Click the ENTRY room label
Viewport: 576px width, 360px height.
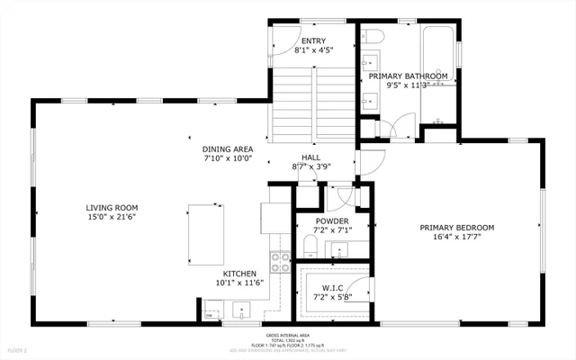click(313, 40)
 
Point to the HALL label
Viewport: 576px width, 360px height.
click(310, 157)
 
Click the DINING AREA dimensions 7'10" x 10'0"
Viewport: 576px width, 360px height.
click(227, 158)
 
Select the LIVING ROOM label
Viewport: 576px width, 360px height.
click(105, 207)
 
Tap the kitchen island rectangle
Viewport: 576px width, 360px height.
click(206, 232)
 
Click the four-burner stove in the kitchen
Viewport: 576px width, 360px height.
click(280, 261)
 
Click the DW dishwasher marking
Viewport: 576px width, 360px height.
click(209, 315)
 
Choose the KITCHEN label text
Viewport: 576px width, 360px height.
click(240, 274)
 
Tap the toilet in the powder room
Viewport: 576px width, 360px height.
click(305, 248)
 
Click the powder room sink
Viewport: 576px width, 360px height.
click(340, 249)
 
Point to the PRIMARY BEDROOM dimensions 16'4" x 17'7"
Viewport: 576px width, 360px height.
click(456, 238)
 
